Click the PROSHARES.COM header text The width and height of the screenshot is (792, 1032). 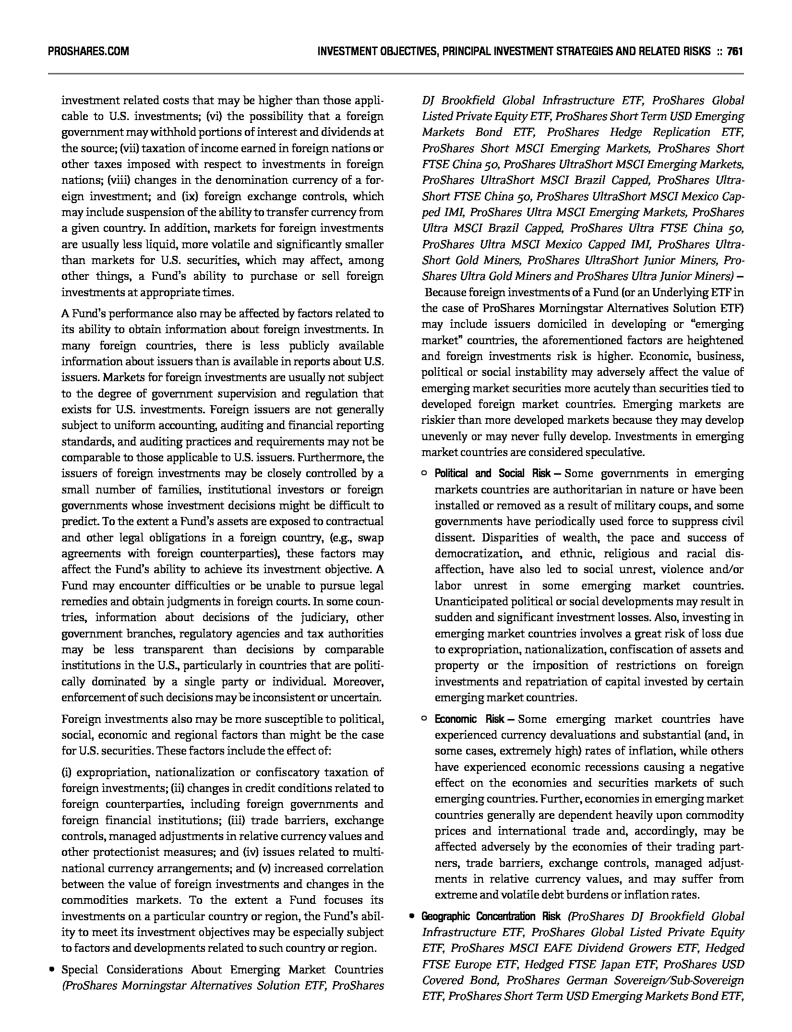click(88, 51)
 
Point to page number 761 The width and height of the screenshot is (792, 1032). click(735, 51)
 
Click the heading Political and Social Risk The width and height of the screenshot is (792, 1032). click(492, 473)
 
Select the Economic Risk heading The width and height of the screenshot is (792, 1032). click(469, 719)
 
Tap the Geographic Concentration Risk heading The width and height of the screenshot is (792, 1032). click(491, 916)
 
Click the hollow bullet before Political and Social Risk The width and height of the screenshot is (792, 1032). click(424, 474)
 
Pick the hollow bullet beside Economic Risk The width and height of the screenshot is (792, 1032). click(424, 719)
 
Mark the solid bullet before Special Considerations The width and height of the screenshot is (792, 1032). click(51, 970)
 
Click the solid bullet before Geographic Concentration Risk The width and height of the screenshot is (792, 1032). click(411, 916)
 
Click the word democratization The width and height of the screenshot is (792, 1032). click(478, 553)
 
